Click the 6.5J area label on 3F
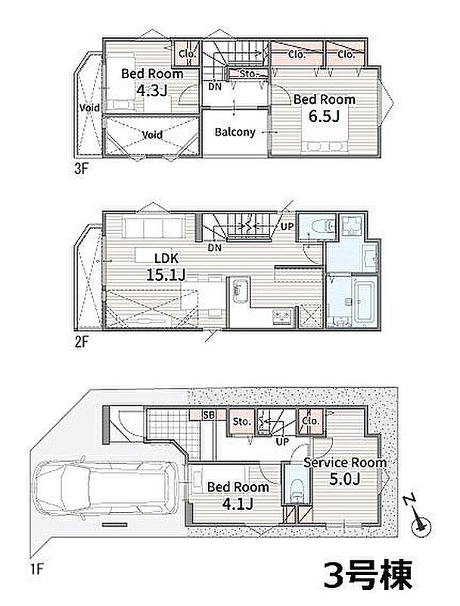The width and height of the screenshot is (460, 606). [x=324, y=116]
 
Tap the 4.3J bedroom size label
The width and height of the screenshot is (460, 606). [x=152, y=91]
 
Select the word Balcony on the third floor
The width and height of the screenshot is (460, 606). [x=235, y=132]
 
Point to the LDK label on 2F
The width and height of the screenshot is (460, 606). [x=166, y=258]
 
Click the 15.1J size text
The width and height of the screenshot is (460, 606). [x=166, y=275]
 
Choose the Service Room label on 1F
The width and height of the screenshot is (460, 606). [x=345, y=462]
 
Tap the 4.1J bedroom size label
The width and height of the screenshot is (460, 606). [x=238, y=504]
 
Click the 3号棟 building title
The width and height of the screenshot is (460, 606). [x=368, y=575]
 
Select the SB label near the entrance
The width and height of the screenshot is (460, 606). [x=209, y=415]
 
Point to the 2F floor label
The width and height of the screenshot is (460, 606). [x=82, y=342]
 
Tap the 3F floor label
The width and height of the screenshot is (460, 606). [x=82, y=169]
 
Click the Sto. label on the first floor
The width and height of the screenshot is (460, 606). [x=242, y=422]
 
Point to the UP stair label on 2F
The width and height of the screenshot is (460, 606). [x=287, y=226]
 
